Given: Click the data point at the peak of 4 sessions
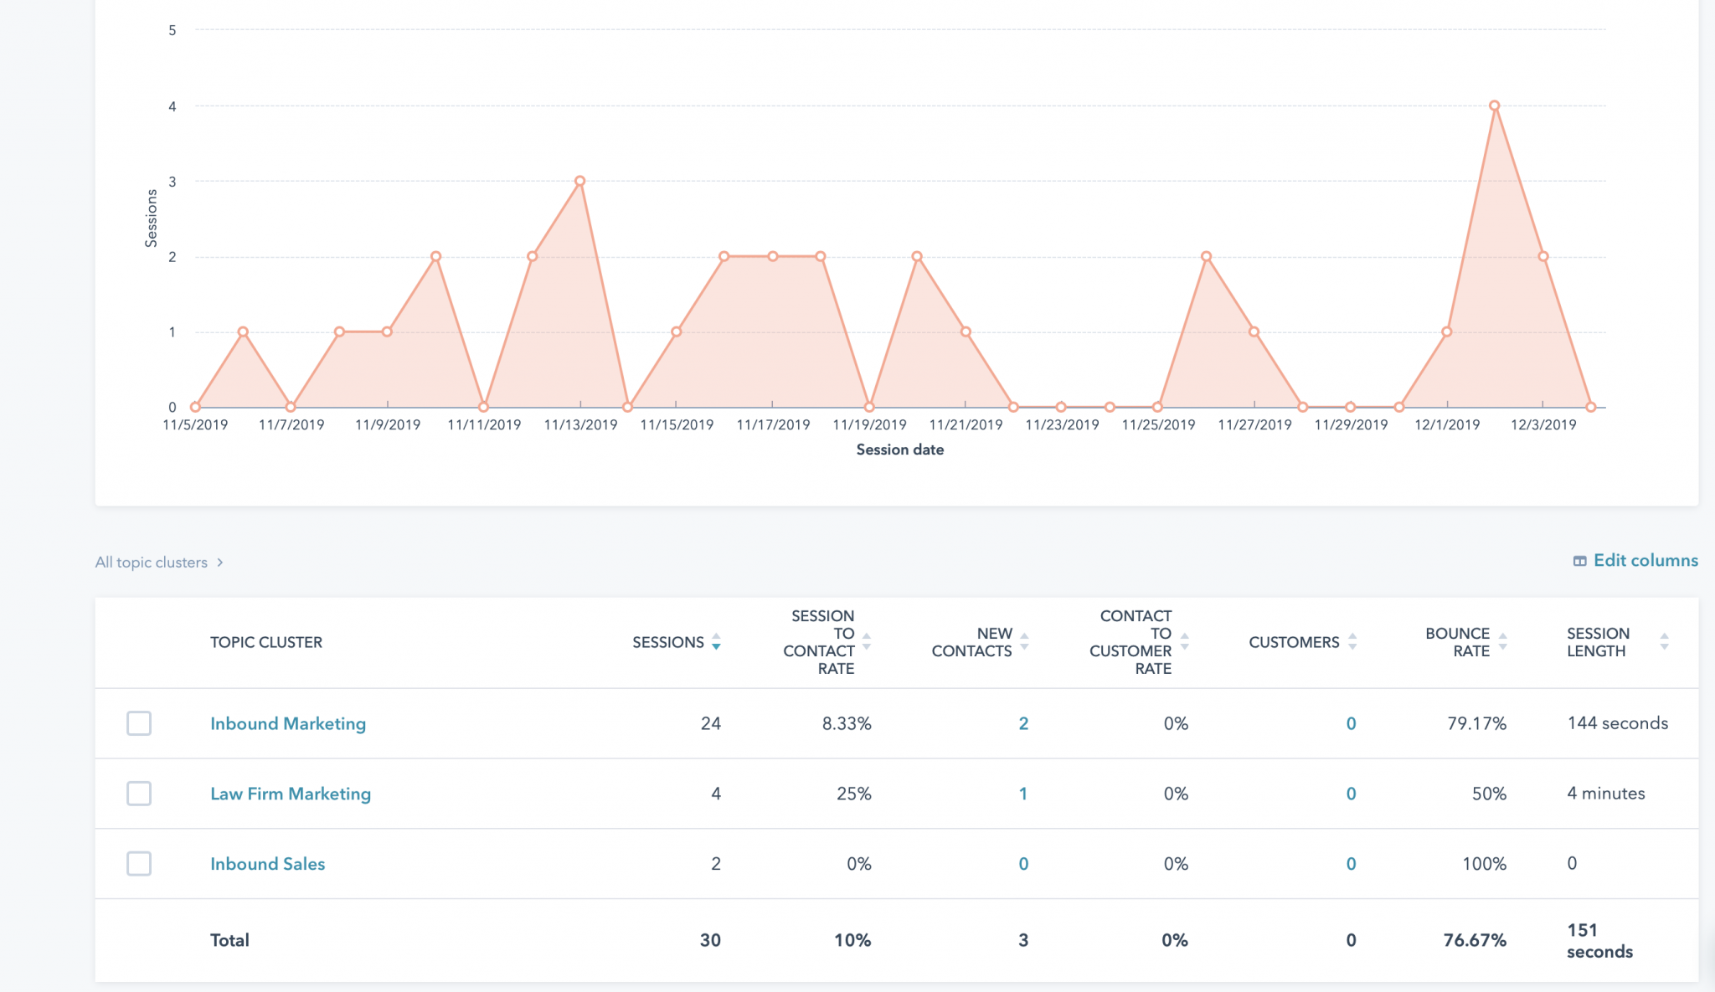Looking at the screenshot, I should coord(1495,106).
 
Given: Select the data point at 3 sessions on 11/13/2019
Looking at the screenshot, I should coord(579,181).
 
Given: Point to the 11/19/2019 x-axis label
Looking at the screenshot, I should coord(869,425).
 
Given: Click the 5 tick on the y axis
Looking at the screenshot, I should coord(173,31).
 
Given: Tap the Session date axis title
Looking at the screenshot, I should coord(899,450).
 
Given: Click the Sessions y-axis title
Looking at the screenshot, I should coord(152,218).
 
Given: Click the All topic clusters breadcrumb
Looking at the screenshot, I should coord(152,563).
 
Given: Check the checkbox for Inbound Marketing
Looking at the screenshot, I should coord(139,723).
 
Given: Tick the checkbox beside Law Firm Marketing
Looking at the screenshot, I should coord(139,794).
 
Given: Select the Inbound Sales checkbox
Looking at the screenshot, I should coord(139,863).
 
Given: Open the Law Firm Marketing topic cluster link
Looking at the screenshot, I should coord(290,794).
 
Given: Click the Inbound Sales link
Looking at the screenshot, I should coord(267,864).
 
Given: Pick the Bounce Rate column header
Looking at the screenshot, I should coord(1457,642).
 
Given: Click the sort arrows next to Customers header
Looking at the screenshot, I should coord(1352,642).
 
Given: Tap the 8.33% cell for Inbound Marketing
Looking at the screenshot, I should coord(846,723).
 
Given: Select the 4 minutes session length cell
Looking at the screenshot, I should coord(1605,794).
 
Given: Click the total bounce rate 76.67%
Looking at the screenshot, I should coord(1474,940).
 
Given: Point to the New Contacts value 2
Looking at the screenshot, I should coord(1022,723).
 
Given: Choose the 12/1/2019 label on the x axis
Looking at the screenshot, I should coord(1447,425).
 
